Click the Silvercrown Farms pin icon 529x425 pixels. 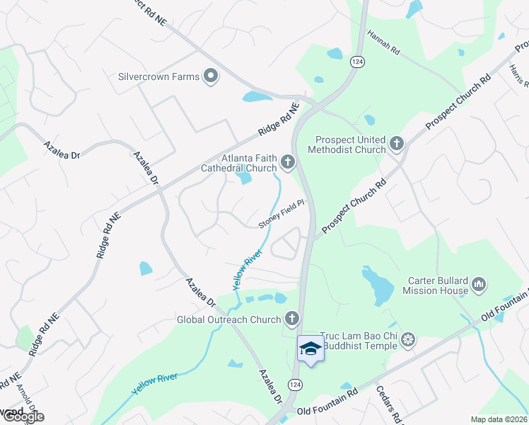(210, 76)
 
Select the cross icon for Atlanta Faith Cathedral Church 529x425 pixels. (287, 163)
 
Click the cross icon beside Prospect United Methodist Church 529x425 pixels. (396, 144)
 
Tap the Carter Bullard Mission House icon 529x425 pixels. (479, 285)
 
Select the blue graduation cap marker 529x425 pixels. (310, 348)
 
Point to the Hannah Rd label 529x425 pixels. (384, 42)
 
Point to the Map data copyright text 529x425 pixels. (499, 419)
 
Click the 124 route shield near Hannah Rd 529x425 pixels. (356, 62)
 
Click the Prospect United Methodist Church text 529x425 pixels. (351, 144)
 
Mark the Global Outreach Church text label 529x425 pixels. (229, 319)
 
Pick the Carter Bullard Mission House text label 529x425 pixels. (436, 285)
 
